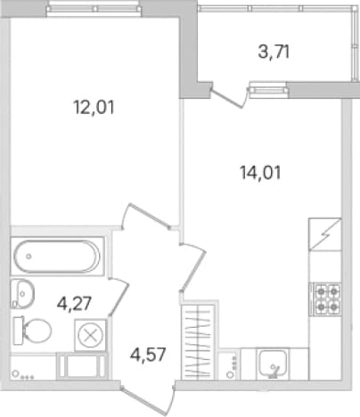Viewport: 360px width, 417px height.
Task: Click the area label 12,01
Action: (x=94, y=107)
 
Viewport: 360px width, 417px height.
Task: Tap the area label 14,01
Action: (x=260, y=173)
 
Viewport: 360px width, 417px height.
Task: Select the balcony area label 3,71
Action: (x=274, y=53)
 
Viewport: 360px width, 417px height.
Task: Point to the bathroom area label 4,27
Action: (x=74, y=304)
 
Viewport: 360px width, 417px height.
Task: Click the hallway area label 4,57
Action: (x=148, y=354)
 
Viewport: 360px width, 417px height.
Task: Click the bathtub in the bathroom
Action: (x=57, y=257)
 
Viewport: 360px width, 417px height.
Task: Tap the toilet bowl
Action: (x=32, y=331)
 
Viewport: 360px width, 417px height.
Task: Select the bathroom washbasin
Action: (x=22, y=293)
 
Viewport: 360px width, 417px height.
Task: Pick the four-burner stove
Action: (x=325, y=298)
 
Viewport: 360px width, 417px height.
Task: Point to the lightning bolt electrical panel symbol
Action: (x=325, y=234)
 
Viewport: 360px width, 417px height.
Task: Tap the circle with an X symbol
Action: (x=90, y=336)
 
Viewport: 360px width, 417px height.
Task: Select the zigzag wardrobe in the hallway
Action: (x=198, y=341)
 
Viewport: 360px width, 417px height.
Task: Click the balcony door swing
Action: (x=230, y=96)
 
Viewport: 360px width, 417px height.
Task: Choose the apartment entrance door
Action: (x=148, y=400)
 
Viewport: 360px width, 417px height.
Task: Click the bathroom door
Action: (x=119, y=297)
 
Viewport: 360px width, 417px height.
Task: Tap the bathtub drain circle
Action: (x=29, y=257)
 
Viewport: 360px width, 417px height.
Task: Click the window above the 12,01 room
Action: (x=94, y=9)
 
